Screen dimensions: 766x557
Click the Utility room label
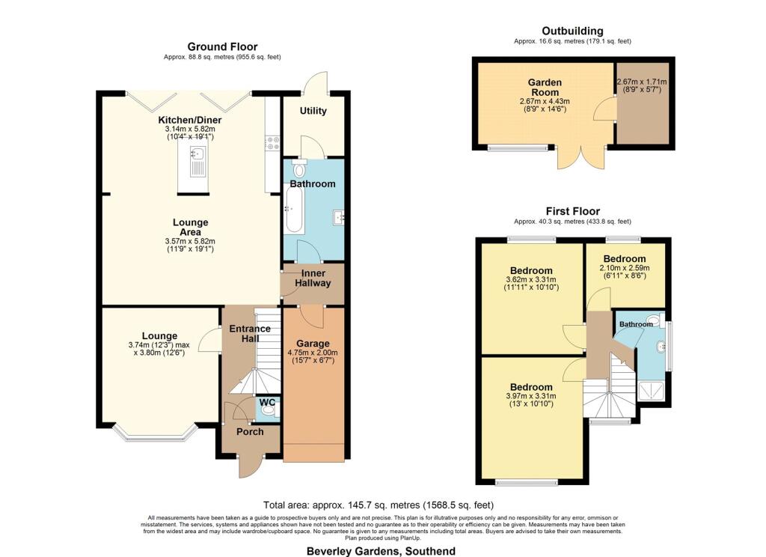point(313,111)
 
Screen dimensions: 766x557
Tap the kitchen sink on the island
point(197,162)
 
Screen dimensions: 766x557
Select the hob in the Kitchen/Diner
point(272,143)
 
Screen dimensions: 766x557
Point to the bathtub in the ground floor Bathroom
point(294,210)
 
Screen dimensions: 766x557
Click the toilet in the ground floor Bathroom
point(299,168)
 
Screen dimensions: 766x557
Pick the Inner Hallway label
point(313,278)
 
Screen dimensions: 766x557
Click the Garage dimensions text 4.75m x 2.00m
point(313,353)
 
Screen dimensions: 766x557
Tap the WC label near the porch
point(267,403)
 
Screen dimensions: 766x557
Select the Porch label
point(250,431)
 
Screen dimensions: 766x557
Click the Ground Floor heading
point(222,47)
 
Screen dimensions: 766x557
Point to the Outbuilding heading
point(572,31)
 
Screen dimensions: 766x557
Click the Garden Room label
point(545,87)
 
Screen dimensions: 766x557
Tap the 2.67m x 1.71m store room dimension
point(642,82)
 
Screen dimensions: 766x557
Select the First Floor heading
point(572,211)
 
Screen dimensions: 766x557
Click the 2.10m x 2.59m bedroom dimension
point(625,268)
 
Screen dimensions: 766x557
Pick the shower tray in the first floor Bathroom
point(652,390)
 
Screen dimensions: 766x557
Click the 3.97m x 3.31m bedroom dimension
point(531,396)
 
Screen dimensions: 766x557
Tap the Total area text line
point(379,505)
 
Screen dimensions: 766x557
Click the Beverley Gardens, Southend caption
point(381,551)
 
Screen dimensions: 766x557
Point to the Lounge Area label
point(191,227)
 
